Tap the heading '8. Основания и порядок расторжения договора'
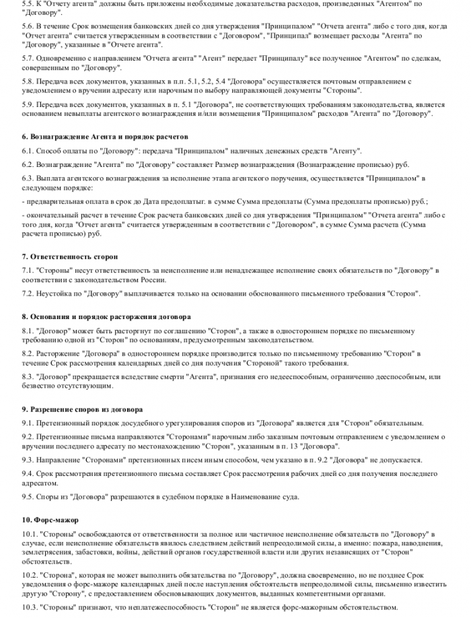pos(106,316)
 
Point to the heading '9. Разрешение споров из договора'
pos(82,409)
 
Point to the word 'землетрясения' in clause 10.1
pos(46,552)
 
